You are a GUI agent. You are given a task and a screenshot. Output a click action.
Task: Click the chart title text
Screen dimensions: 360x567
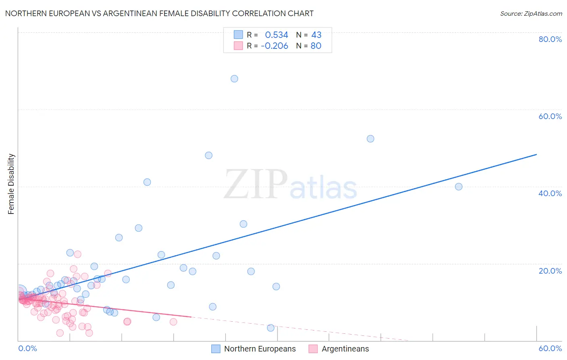coord(159,13)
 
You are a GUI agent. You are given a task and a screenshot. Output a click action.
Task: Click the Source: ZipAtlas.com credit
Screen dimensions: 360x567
coord(531,13)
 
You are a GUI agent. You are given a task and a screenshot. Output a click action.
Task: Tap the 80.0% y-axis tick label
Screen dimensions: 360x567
coord(550,39)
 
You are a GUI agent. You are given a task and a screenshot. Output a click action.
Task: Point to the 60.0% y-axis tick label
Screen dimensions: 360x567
coord(550,116)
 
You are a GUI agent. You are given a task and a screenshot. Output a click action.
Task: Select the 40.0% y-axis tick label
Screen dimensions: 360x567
coord(550,193)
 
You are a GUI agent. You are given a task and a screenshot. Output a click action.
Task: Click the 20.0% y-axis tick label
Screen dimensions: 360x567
coord(550,271)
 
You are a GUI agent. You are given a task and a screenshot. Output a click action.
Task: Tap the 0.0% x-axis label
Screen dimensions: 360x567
coord(27,348)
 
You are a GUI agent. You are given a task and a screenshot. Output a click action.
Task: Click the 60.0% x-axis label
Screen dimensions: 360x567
coord(550,348)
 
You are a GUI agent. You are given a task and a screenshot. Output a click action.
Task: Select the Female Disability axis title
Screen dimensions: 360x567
coord(11,184)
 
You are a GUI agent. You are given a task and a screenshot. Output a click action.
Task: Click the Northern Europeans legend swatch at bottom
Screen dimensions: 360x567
coord(216,349)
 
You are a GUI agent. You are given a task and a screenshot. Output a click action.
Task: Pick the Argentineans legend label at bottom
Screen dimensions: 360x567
coord(345,349)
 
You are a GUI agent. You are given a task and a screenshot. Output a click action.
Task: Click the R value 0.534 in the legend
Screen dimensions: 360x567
coord(276,35)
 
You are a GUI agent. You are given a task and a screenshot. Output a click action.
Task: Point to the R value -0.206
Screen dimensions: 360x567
coord(274,46)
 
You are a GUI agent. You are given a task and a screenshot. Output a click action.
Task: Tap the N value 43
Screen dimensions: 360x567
coord(316,35)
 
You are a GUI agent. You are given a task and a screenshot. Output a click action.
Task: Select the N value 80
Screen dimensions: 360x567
coord(316,46)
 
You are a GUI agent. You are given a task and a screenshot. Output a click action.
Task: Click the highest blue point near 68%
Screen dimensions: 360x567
coord(234,79)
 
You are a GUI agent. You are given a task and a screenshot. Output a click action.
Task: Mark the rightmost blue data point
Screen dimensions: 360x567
coord(459,186)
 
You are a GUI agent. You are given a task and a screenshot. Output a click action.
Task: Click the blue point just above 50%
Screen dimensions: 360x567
coord(370,139)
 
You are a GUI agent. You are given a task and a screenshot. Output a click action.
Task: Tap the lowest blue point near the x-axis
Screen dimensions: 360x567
coord(271,328)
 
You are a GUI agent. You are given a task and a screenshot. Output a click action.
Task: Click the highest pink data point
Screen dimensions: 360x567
coord(77,254)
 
